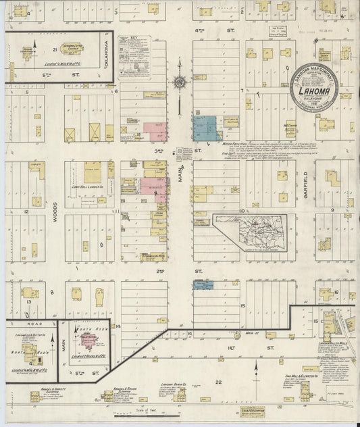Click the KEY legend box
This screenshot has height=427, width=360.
(135, 57)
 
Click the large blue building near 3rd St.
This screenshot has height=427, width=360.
(205, 128)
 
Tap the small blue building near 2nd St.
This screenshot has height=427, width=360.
(203, 285)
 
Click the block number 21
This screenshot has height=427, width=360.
(54, 49)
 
